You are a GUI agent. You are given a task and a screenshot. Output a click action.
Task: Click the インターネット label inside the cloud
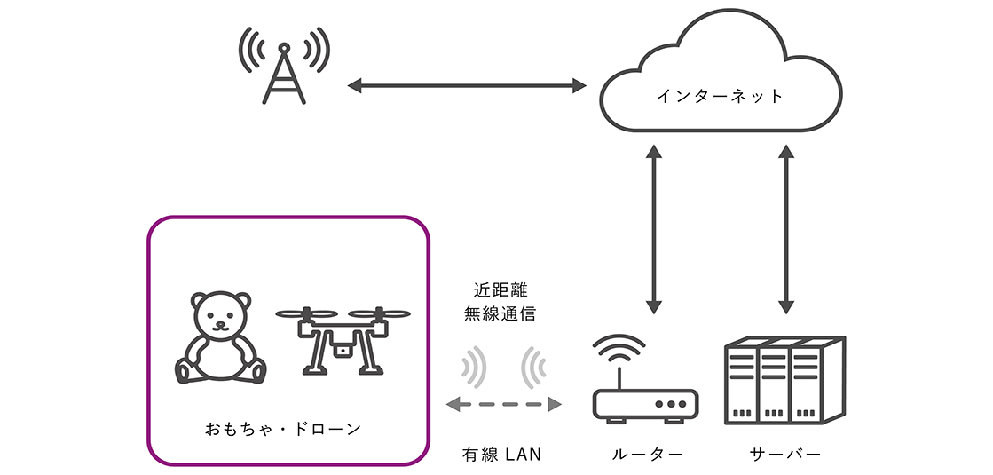720,96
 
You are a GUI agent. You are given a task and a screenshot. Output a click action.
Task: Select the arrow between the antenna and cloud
467,86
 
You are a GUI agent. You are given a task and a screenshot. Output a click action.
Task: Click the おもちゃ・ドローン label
284,430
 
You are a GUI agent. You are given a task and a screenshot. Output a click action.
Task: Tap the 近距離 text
500,290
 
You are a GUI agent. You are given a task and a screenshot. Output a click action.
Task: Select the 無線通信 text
500,313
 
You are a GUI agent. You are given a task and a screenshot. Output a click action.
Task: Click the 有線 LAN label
501,454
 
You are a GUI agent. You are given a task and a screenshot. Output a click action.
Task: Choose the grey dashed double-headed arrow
503,405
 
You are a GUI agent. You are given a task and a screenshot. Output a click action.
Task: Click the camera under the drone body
340,349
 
